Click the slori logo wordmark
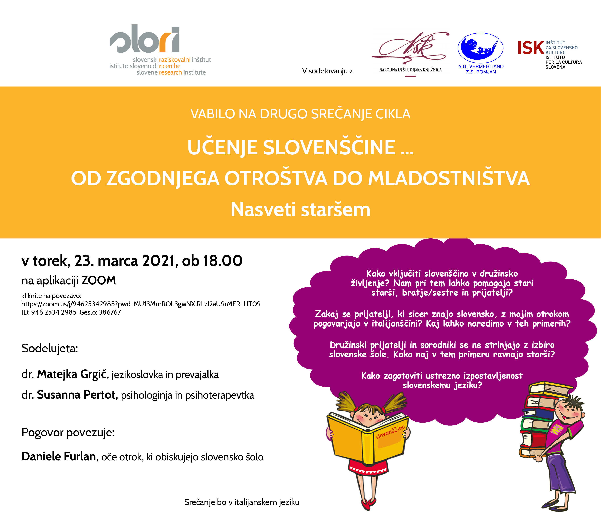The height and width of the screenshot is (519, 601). click(144, 39)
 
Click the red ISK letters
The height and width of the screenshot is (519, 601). click(531, 48)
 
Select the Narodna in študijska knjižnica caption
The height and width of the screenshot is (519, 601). click(410, 70)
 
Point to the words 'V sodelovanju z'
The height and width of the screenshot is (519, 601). click(327, 71)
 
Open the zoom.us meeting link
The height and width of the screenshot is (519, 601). click(141, 304)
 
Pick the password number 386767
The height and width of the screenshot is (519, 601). click(110, 312)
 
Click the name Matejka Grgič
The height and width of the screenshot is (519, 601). click(72, 374)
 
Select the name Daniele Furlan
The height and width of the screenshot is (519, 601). click(59, 456)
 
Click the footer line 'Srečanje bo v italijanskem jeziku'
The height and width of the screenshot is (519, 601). click(242, 502)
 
